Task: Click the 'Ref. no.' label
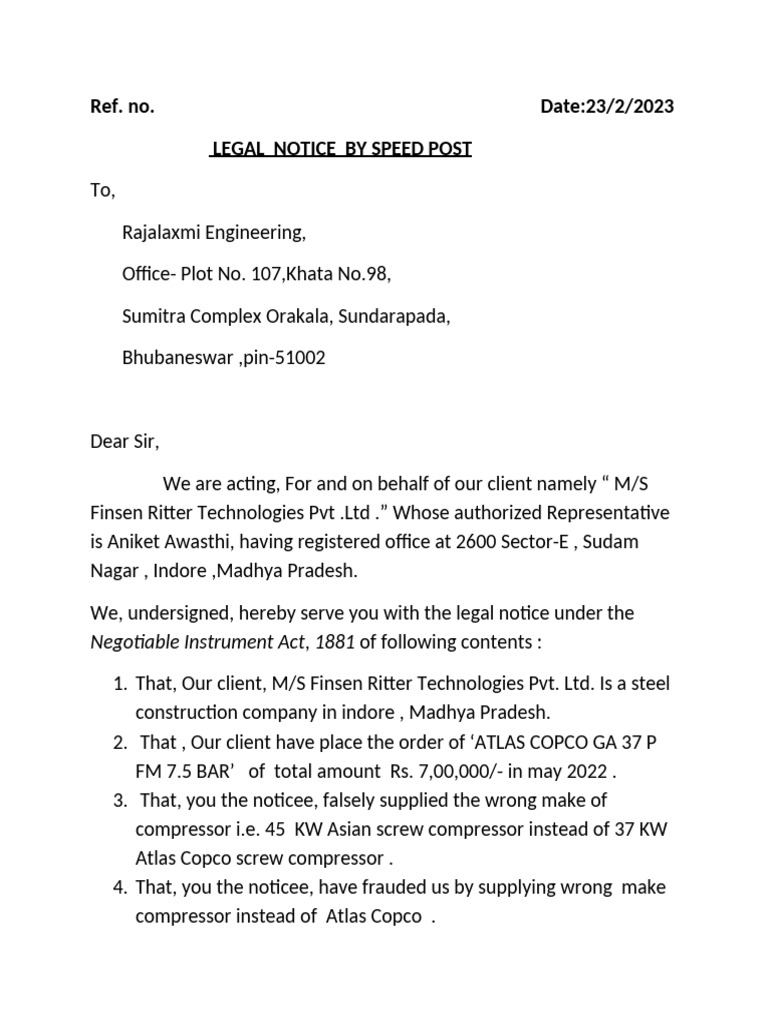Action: [122, 107]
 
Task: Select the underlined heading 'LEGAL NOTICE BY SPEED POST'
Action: [340, 149]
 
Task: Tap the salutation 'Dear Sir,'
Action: [124, 441]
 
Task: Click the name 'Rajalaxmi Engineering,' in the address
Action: [213, 233]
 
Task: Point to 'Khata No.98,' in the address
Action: [331, 275]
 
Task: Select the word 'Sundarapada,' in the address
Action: [394, 316]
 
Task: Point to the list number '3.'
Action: [119, 800]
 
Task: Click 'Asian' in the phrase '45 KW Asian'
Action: [289, 829]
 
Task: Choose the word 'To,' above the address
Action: [103, 190]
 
